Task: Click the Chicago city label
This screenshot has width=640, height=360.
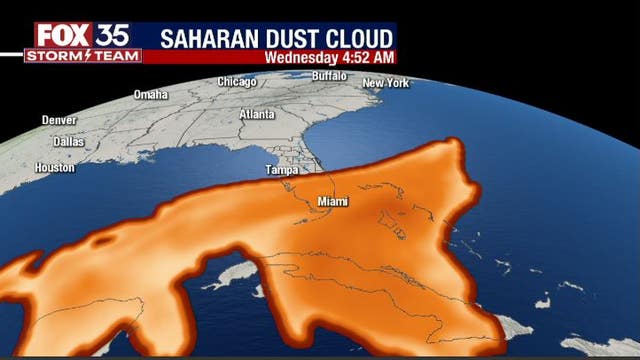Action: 237,82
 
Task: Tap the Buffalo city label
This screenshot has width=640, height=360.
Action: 330,76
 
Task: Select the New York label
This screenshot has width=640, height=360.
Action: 386,82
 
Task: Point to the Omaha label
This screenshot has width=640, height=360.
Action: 151,95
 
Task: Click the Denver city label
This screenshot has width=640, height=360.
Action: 59,120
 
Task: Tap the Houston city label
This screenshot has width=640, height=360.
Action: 54,168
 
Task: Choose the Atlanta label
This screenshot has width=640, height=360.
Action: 257,114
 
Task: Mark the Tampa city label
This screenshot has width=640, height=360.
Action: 282,170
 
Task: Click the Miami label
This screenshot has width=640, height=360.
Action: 333,202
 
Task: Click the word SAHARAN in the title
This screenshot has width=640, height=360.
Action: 212,37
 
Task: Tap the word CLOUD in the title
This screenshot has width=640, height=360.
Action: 361,37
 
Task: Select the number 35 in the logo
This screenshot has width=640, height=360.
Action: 113,35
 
